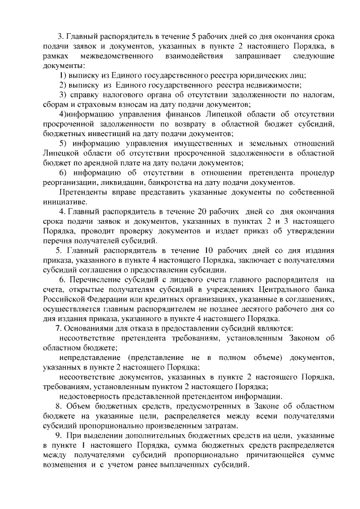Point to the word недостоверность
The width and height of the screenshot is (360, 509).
point(91,395)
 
